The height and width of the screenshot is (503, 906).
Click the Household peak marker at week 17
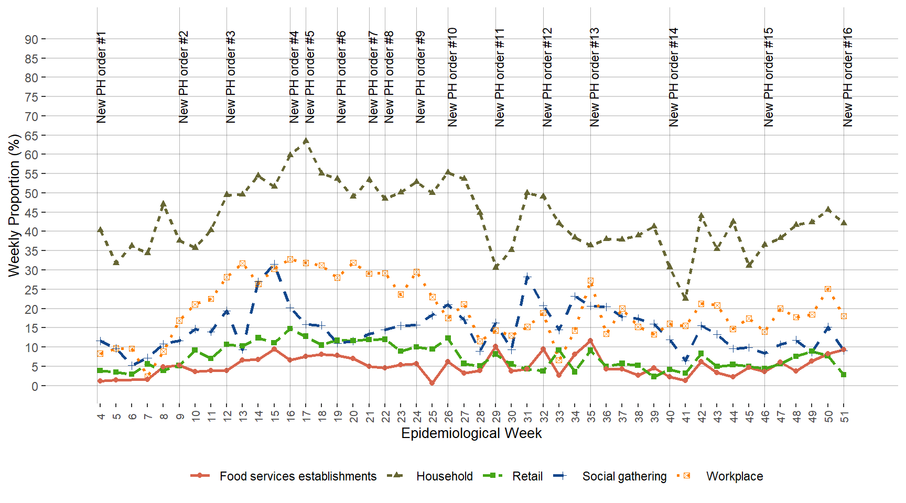click(x=306, y=140)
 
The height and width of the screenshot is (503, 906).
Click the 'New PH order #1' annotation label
click(x=102, y=78)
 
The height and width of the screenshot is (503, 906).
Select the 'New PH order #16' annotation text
click(x=848, y=77)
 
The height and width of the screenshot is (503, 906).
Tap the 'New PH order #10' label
click(x=453, y=77)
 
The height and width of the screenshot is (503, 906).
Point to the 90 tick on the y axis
click(x=31, y=39)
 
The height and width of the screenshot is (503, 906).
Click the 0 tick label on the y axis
click(x=35, y=386)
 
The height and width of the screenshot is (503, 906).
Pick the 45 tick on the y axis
click(x=31, y=213)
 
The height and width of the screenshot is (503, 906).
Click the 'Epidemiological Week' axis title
click(x=471, y=433)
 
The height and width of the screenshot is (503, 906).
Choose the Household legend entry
click(x=444, y=476)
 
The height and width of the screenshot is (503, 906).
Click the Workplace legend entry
click(x=734, y=476)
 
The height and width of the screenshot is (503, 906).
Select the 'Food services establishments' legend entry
click(x=297, y=476)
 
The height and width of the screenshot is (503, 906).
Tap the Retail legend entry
click(x=527, y=476)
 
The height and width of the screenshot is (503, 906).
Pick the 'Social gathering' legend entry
click(x=624, y=476)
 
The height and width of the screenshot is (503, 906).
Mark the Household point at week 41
click(x=685, y=298)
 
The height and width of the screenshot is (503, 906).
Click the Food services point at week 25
click(x=433, y=383)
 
